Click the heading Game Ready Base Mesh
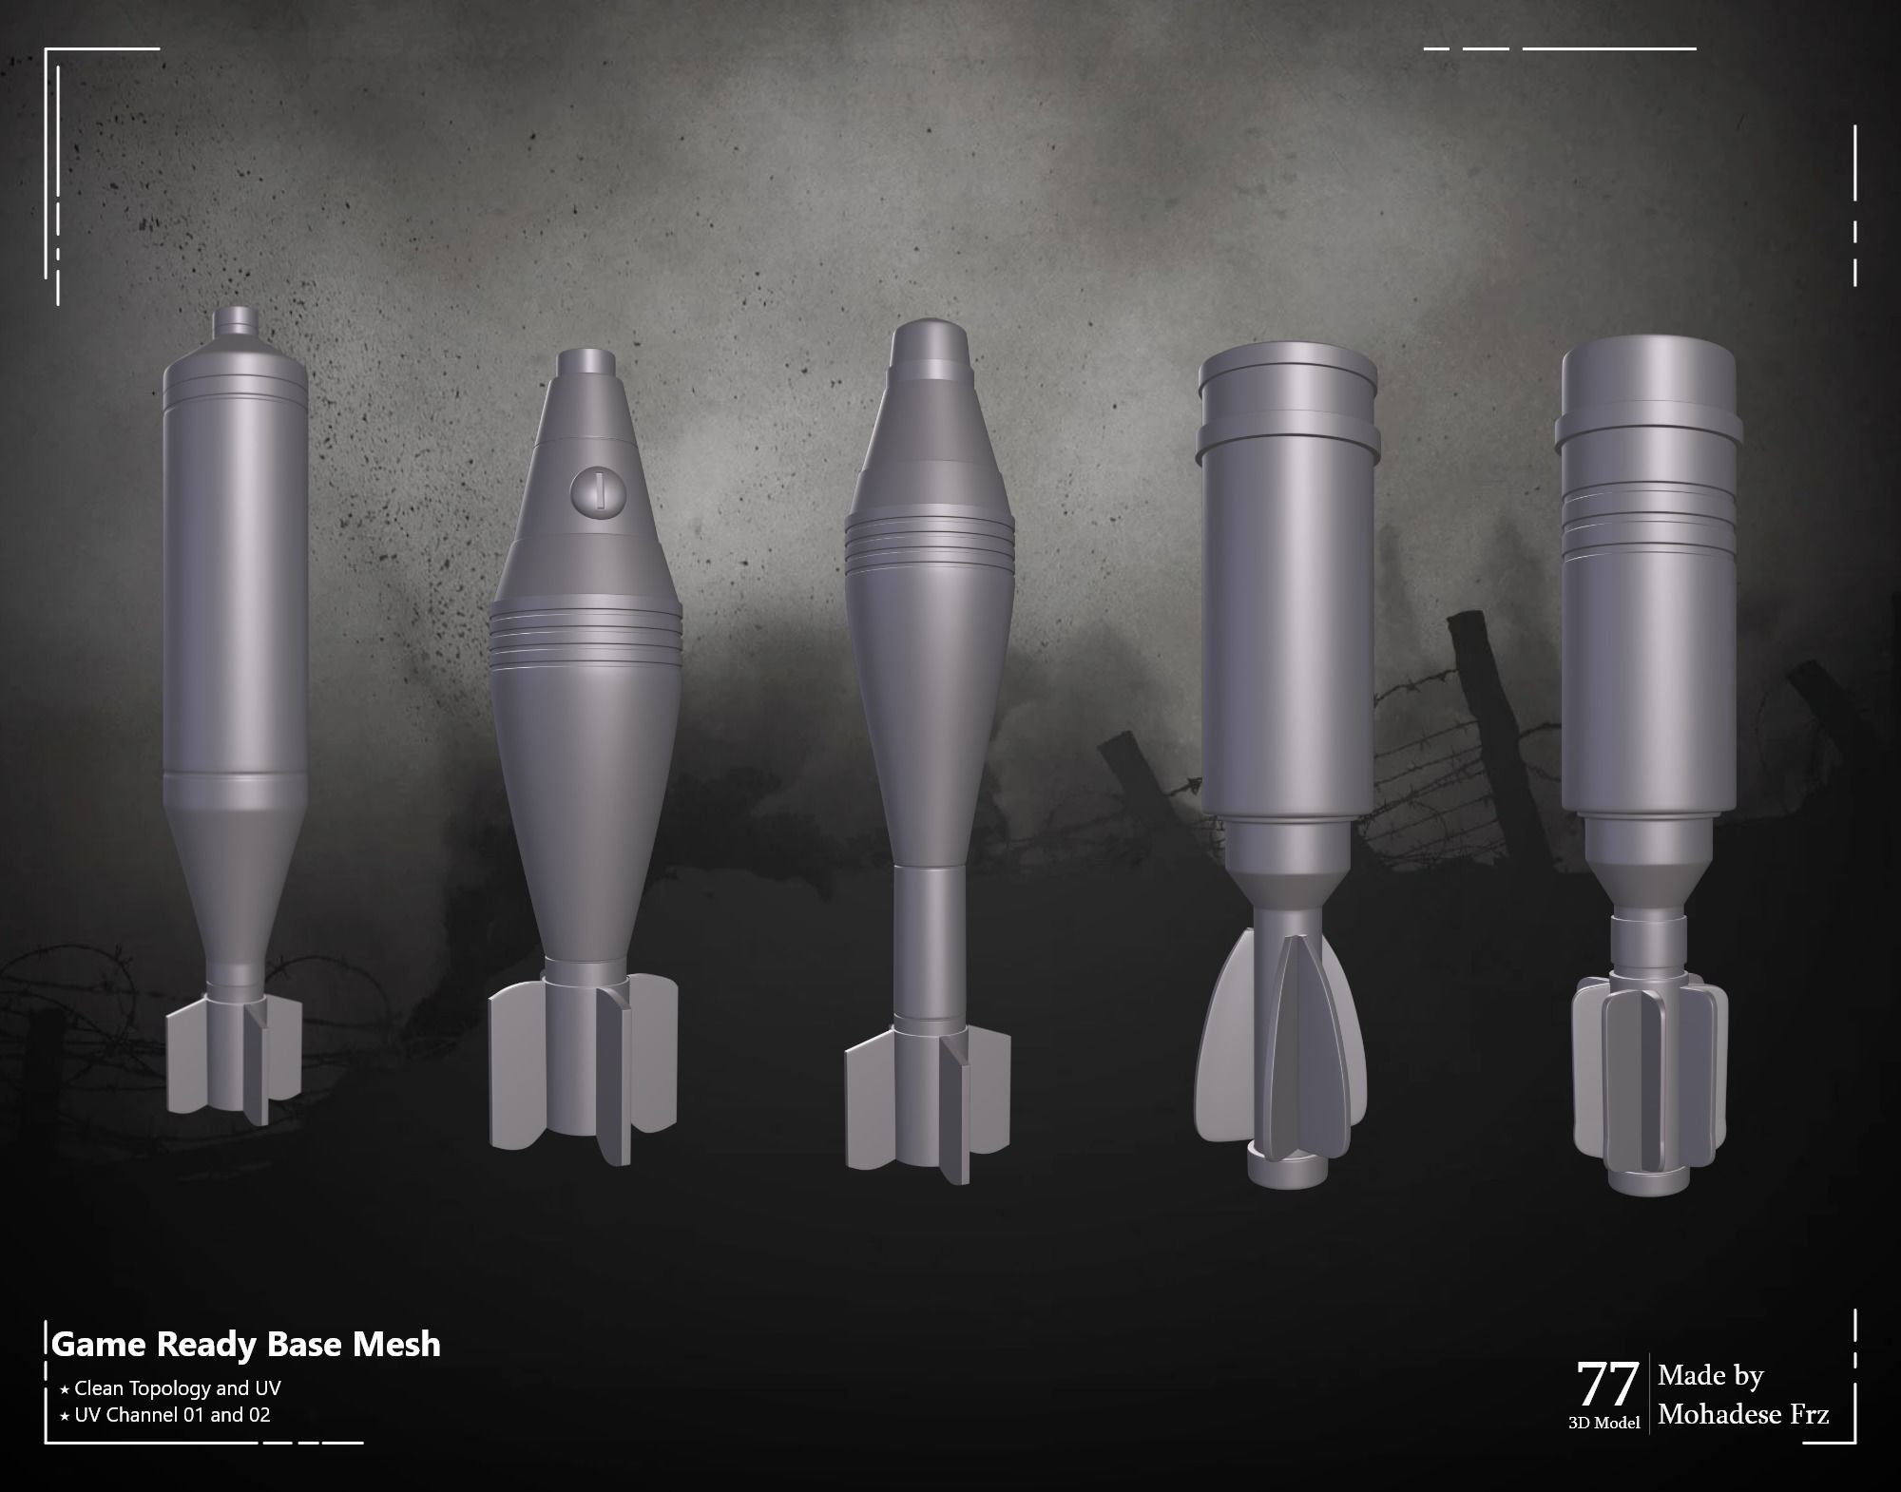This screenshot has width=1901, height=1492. [x=246, y=1344]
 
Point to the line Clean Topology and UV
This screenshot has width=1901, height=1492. [x=178, y=1387]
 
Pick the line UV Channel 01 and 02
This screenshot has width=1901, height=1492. [x=172, y=1414]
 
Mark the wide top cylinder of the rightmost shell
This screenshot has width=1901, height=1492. [x=1649, y=380]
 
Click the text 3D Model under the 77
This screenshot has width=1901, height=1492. [x=1603, y=1424]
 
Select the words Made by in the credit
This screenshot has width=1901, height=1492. [x=1710, y=1376]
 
